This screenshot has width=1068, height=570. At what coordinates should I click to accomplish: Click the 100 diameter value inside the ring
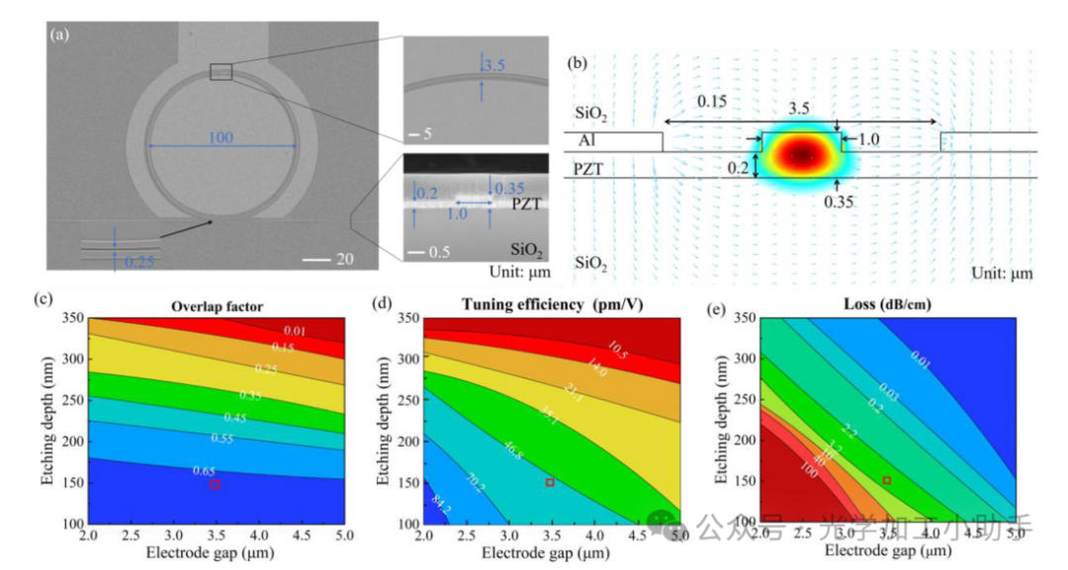coord(222,137)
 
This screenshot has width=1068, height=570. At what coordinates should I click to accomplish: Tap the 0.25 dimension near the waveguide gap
coord(140,261)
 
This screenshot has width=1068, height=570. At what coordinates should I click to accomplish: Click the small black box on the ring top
coord(221,71)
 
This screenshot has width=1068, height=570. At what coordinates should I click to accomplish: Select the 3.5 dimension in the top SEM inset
coord(494,67)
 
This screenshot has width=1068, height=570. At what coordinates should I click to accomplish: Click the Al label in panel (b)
coord(586,141)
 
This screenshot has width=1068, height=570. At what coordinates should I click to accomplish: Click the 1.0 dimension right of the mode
coord(868,141)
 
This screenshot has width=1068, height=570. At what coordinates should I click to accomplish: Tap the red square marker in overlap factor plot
coord(215,484)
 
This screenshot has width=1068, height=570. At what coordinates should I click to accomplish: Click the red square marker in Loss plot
coord(887,480)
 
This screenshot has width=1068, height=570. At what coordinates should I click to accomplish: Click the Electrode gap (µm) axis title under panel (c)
coord(217,554)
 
